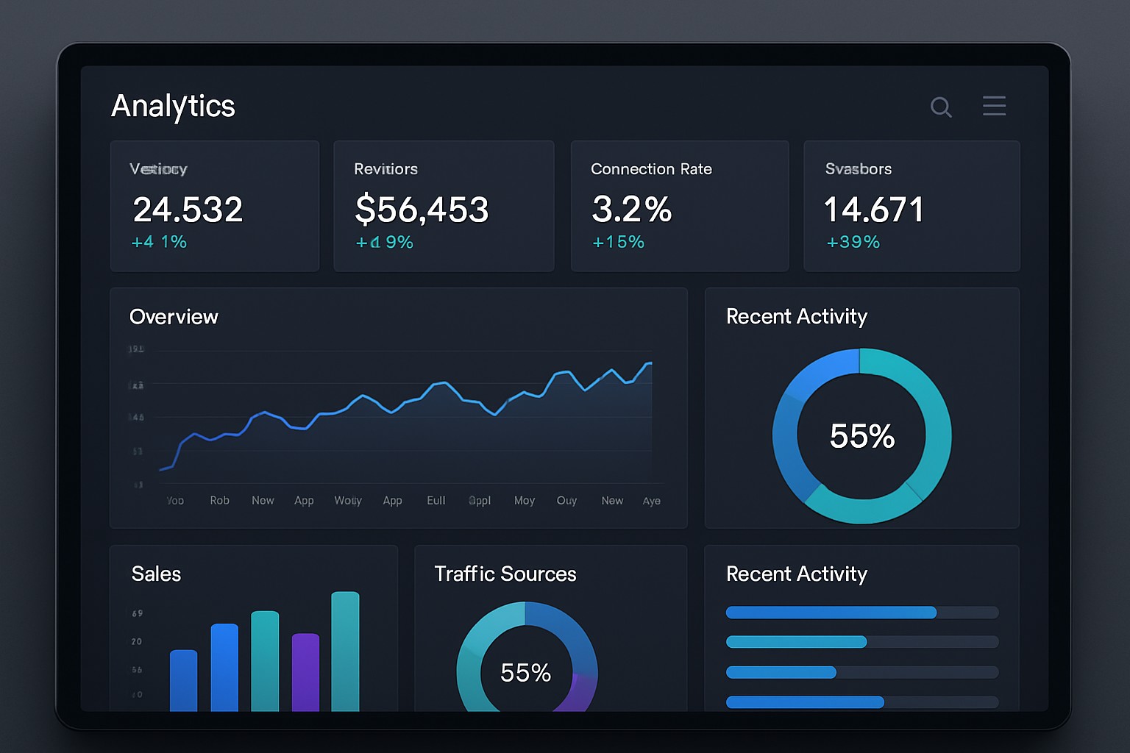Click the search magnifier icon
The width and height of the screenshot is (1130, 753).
point(941,107)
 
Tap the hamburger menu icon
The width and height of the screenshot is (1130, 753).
point(994,106)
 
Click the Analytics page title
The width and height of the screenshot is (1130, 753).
point(173,106)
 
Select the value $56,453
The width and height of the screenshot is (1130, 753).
point(422,210)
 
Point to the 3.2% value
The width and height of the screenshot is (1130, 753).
point(631,210)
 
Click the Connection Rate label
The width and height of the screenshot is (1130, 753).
point(651,169)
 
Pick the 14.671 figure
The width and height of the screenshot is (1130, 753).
point(873,210)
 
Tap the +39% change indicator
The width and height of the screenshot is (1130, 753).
point(853,242)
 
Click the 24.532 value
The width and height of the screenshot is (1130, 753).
point(188,210)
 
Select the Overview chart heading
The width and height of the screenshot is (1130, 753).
point(174,317)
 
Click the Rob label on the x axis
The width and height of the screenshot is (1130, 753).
point(219,501)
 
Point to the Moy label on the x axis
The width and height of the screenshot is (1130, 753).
point(525,501)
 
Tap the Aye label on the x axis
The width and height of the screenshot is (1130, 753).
point(651,501)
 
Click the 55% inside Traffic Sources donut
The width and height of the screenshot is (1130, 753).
point(525,673)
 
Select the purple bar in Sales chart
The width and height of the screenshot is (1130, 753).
point(305,672)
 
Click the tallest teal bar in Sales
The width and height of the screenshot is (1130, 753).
point(345,651)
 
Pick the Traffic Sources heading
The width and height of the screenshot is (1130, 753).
point(505,574)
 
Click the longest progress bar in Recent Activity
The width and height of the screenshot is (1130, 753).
point(831,613)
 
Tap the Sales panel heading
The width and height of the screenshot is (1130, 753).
point(156,574)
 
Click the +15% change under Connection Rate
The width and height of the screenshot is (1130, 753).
point(618,242)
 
